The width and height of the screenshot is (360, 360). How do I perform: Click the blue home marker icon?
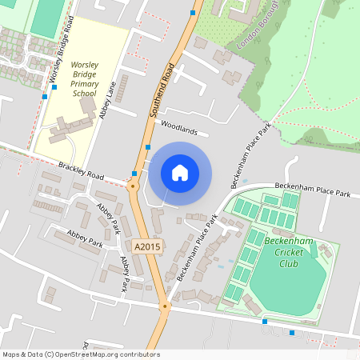tap(180, 172)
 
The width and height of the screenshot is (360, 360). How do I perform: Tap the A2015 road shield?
tap(148, 246)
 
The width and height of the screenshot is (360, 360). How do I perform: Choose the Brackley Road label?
tap(82, 170)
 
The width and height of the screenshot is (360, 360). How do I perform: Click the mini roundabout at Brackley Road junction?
tap(133, 185)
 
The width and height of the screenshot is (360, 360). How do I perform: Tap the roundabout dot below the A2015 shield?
tap(165, 306)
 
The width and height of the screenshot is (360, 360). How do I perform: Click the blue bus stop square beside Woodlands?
tap(149, 147)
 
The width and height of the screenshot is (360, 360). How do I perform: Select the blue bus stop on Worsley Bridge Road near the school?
tap(45, 97)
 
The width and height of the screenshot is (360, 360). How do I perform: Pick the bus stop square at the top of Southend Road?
tap(193, 13)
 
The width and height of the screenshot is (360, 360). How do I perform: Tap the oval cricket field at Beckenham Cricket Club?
tap(288, 284)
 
